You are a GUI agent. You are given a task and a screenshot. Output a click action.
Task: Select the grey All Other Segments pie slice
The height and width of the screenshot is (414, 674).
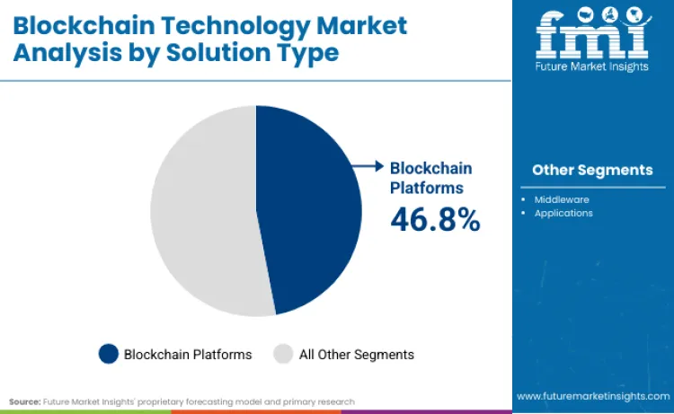pos(202,211)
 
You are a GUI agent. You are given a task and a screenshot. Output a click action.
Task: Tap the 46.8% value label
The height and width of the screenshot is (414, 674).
pos(435,218)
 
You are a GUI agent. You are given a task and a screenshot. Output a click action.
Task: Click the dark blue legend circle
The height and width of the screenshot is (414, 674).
pos(109,354)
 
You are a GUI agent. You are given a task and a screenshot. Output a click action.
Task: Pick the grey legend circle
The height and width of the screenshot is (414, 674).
pos(282,354)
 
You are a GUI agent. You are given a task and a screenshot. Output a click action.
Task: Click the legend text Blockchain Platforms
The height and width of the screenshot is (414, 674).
pos(188,354)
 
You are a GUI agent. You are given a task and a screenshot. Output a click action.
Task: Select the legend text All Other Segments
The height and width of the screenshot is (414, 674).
pos(356,354)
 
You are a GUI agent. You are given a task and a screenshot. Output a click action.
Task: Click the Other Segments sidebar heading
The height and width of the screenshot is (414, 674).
pos(592,170)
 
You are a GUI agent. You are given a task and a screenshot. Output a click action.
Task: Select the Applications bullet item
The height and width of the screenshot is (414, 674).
pos(563,213)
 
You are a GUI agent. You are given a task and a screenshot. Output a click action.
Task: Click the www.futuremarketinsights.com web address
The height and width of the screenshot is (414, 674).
pos(592,395)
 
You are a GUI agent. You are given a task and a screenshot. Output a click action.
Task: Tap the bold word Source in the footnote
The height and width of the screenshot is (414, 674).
pos(24,401)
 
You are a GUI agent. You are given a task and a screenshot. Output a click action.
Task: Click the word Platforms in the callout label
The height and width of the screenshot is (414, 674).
pos(426,188)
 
